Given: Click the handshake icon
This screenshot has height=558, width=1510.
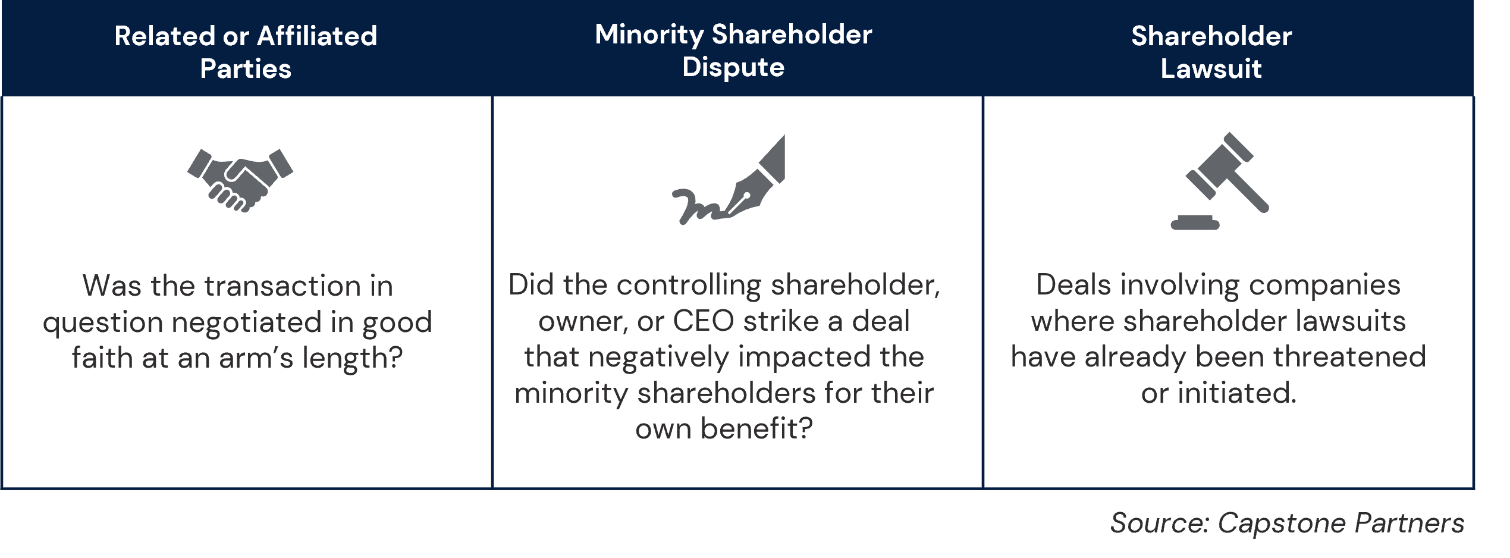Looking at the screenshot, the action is coord(240,180).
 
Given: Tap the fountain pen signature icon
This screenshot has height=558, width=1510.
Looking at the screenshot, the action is coord(729,180).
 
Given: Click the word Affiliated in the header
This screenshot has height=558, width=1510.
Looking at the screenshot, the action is coord(317,36).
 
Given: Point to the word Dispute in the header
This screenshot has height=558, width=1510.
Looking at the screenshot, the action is coord(733,67).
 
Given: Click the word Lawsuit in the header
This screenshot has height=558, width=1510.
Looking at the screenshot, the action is coord(1211,69).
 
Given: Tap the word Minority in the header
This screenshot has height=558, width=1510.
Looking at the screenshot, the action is coord(649,35).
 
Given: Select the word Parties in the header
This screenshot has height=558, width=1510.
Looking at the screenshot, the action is coord(246,69).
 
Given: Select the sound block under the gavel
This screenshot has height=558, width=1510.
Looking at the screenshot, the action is coord(1195,222).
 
